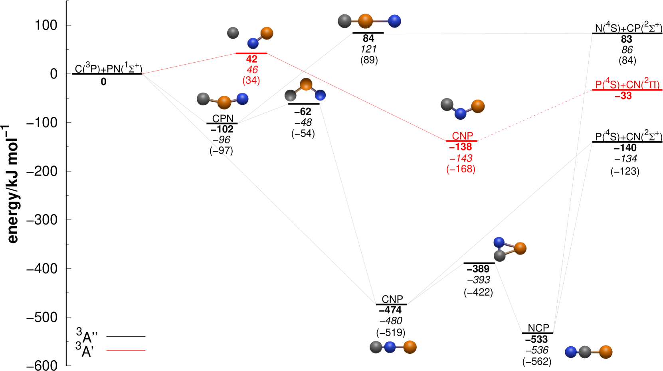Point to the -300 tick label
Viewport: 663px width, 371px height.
pyautogui.click(x=42, y=220)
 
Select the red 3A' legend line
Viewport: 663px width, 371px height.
pyautogui.click(x=126, y=351)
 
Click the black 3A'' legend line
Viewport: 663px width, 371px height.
pyautogui.click(x=126, y=336)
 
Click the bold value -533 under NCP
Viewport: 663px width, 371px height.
pyautogui.click(x=536, y=339)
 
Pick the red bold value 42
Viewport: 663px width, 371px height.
pyautogui.click(x=251, y=59)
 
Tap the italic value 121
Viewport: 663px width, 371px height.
pyautogui.click(x=368, y=49)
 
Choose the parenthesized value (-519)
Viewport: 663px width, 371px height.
pyautogui.click(x=391, y=332)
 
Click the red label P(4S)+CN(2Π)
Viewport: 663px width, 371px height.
pyautogui.click(x=627, y=85)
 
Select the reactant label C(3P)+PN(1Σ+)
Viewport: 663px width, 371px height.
pyautogui.click(x=108, y=69)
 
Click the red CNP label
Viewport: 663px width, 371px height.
pyautogui.click(x=462, y=136)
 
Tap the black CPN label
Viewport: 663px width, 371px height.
pyautogui.click(x=223, y=118)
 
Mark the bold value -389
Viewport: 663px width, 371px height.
pyautogui.click(x=478, y=269)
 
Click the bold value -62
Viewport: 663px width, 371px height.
pyautogui.click(x=303, y=112)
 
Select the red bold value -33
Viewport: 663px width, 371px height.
pyautogui.click(x=623, y=96)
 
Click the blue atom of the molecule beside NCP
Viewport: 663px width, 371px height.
pyautogui.click(x=571, y=352)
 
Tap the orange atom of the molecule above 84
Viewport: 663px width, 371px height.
pyautogui.click(x=365, y=21)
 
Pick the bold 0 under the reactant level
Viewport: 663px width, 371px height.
pyautogui.click(x=103, y=82)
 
